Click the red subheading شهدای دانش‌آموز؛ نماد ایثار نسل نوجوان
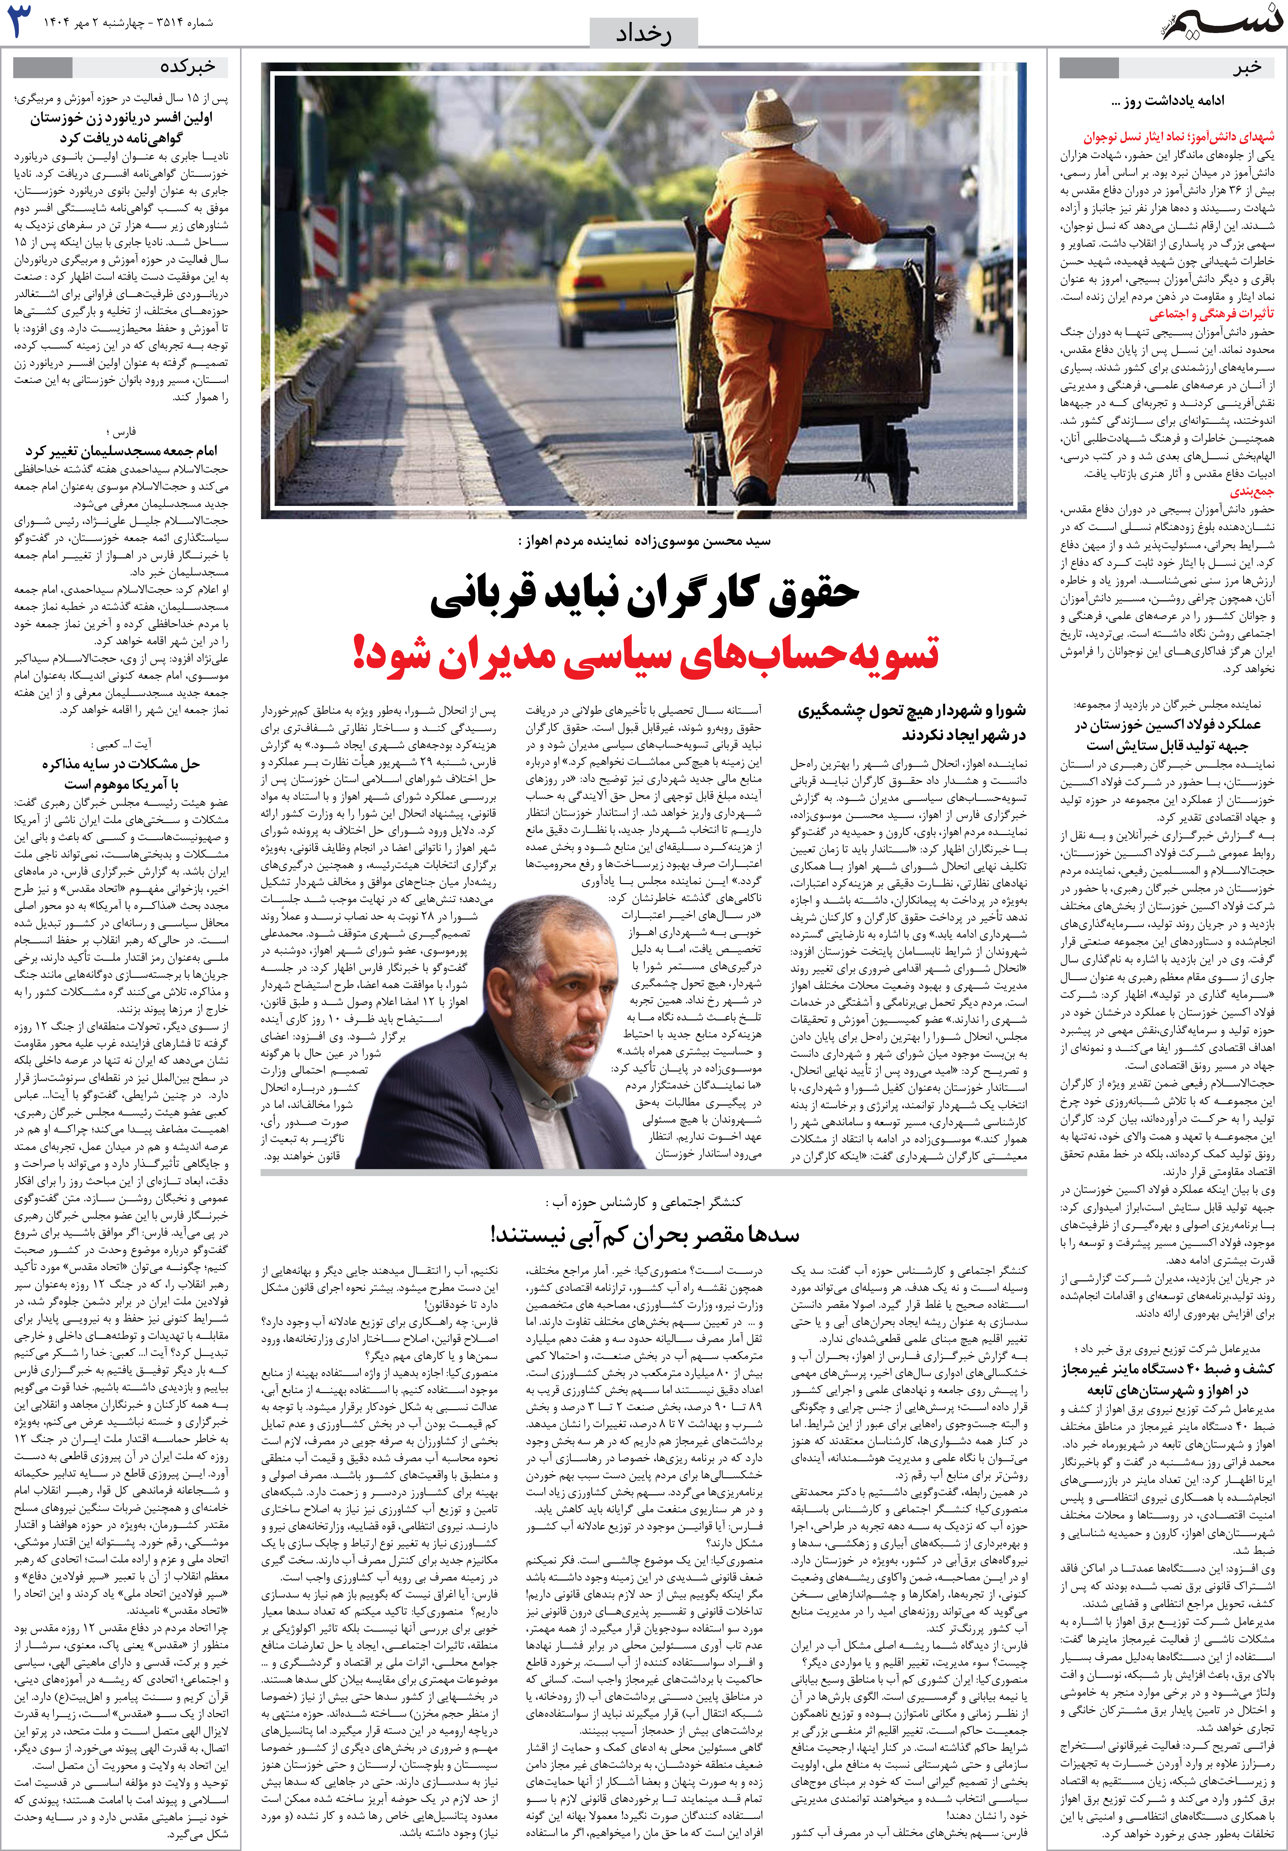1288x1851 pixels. tap(1178, 137)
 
